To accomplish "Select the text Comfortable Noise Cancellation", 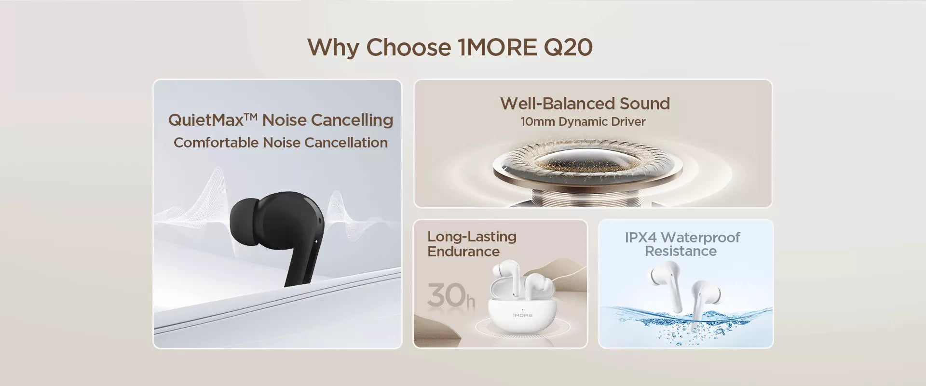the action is click(281, 143).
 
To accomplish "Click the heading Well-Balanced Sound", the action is click(585, 103).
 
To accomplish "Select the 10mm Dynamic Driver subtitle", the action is click(583, 121).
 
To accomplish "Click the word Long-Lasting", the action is click(472, 237).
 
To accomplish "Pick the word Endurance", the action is click(463, 252).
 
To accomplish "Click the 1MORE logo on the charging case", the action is click(522, 315).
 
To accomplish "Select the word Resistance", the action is click(681, 251).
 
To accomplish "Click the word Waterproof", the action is click(700, 238).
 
